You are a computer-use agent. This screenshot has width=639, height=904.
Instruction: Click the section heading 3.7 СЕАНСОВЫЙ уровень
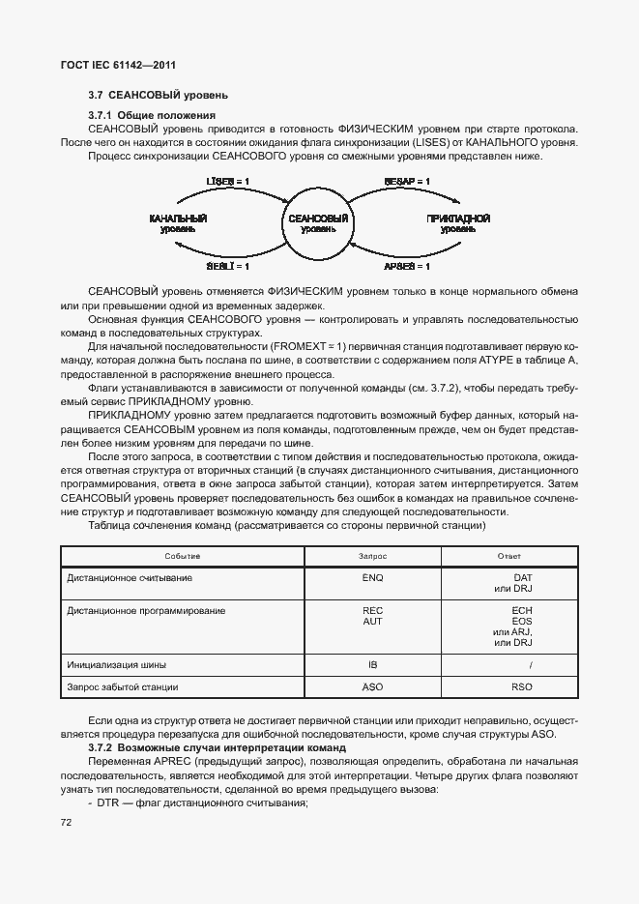click(158, 96)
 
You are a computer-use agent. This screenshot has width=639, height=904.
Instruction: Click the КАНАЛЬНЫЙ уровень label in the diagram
click(180, 223)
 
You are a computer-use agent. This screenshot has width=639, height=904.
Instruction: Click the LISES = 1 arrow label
click(228, 182)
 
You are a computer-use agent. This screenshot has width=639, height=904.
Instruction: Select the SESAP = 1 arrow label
click(406, 182)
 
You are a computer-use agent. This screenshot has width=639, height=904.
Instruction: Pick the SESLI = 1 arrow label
click(228, 266)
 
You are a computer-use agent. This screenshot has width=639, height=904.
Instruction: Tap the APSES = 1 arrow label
click(406, 266)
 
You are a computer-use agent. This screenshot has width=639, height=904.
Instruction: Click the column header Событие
click(182, 557)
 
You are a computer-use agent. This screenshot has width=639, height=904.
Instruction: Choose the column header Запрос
click(372, 557)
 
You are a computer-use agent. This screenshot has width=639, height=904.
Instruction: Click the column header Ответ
click(508, 557)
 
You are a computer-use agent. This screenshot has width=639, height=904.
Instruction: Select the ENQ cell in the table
click(372, 577)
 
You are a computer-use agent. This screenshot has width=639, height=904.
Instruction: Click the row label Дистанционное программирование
click(146, 611)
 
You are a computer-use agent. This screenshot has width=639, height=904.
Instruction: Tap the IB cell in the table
click(372, 665)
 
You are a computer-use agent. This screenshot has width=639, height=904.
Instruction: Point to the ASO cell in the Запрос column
click(372, 687)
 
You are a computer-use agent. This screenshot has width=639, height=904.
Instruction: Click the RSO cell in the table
click(521, 687)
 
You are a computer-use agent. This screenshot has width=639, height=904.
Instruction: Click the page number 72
click(67, 822)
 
